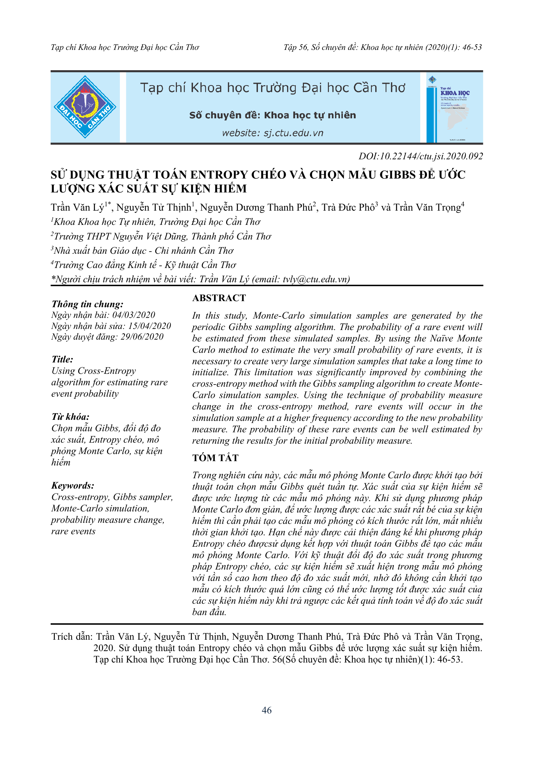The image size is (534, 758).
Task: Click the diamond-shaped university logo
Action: pyautogui.click(x=85, y=107)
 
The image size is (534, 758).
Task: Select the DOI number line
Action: pyautogui.click(x=421, y=156)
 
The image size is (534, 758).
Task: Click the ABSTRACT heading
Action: pyautogui.click(x=219, y=298)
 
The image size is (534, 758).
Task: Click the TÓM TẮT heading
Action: pyautogui.click(x=215, y=458)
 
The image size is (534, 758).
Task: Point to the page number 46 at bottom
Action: pyautogui.click(x=266, y=710)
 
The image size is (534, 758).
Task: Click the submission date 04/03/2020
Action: pyautogui.click(x=134, y=315)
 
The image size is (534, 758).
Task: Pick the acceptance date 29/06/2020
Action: pyautogui.click(x=142, y=337)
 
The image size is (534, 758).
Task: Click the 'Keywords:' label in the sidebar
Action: pyautogui.click(x=73, y=485)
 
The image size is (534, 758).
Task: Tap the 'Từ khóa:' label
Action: pyautogui.click(x=70, y=417)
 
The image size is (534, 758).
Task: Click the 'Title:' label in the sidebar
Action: pyautogui.click(x=62, y=359)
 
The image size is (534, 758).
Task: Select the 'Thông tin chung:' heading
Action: pyautogui.click(x=87, y=304)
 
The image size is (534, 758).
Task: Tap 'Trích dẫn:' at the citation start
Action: pyautogui.click(x=72, y=636)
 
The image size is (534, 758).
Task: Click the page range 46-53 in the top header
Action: pyautogui.click(x=472, y=47)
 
